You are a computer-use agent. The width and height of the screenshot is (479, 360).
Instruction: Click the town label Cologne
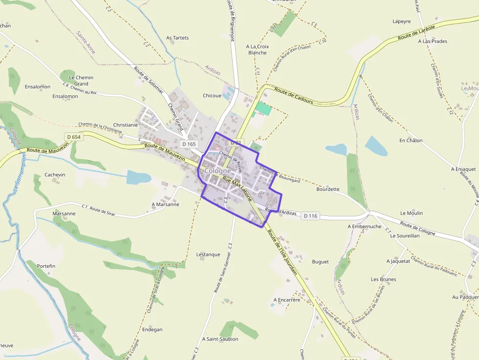[218, 171]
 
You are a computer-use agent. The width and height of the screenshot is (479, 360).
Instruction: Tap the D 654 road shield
[73, 137]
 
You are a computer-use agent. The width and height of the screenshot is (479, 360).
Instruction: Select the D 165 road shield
[189, 144]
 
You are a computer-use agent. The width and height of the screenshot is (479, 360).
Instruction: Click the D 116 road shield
[310, 215]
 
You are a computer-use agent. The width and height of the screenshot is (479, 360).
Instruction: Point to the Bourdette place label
[327, 189]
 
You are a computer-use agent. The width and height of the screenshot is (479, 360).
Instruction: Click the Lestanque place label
[208, 254]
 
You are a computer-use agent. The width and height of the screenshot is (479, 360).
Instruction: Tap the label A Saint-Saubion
[220, 339]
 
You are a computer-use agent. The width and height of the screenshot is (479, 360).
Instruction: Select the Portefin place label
[46, 266]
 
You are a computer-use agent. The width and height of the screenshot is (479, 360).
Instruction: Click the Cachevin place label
[55, 174]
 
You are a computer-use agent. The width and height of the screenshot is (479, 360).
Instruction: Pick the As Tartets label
[177, 38]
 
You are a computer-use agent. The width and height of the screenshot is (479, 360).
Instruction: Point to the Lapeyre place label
[401, 21]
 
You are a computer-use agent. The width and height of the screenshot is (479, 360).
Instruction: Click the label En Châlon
[411, 141]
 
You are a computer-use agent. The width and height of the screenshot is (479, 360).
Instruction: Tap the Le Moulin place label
[412, 213]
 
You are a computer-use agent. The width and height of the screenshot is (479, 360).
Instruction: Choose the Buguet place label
[320, 262]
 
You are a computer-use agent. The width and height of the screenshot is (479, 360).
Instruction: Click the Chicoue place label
[212, 96]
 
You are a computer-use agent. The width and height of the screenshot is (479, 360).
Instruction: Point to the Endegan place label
[152, 330]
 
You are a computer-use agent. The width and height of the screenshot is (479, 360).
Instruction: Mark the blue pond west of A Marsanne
[138, 177]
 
